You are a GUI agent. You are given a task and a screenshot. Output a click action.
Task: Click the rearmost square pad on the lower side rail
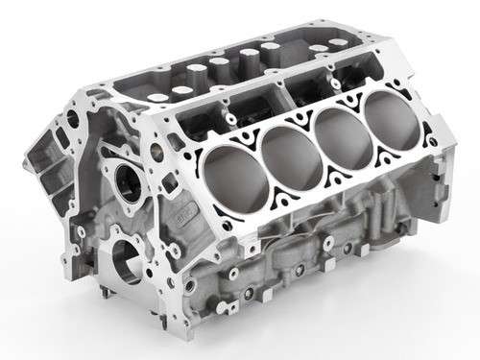point(379,259)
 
